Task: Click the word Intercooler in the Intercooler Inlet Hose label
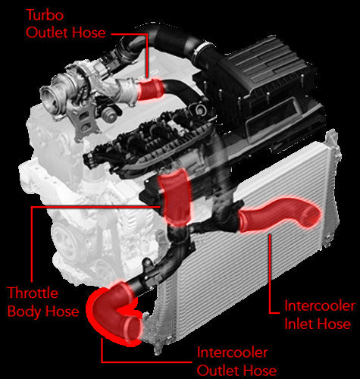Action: click(320, 306)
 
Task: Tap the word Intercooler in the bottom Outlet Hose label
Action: click(232, 352)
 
